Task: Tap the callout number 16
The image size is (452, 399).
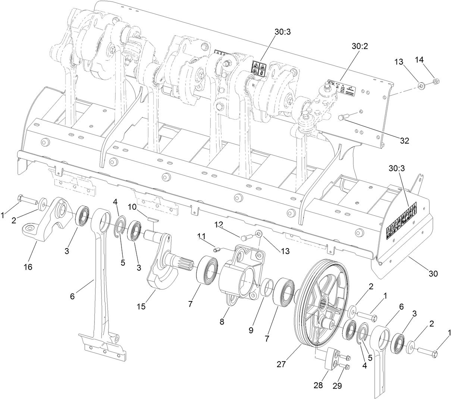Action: [x=29, y=267]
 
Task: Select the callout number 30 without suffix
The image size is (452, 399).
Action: [x=432, y=273]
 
